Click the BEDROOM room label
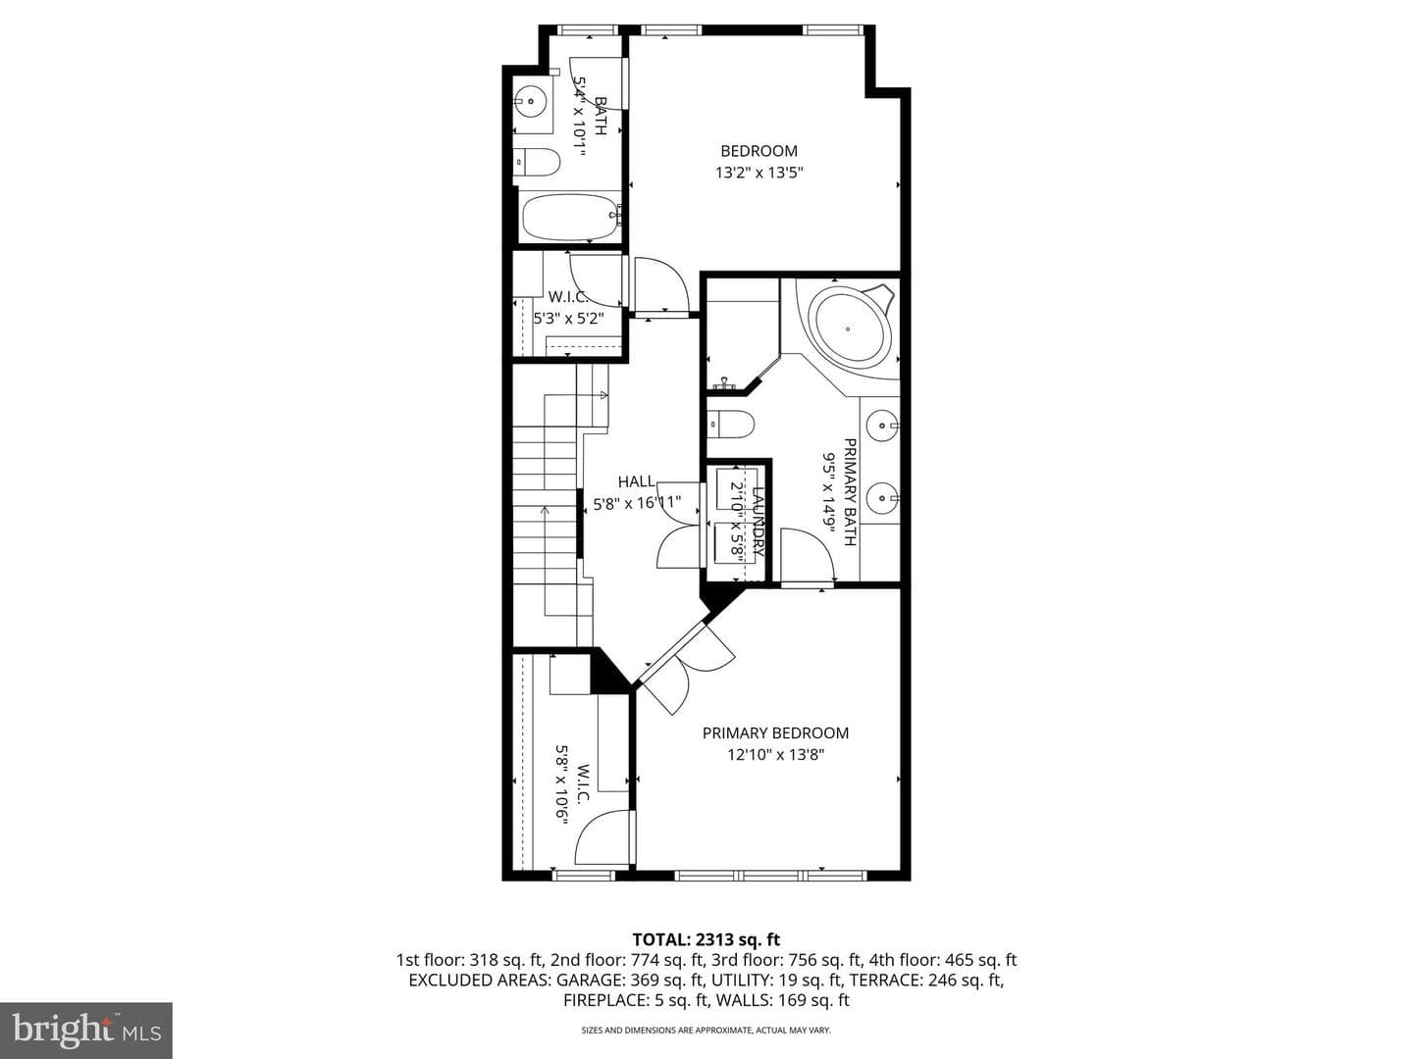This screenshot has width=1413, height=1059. pyautogui.click(x=759, y=151)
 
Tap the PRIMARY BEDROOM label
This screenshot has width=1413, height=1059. pyautogui.click(x=775, y=733)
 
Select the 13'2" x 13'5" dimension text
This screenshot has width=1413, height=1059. pyautogui.click(x=759, y=173)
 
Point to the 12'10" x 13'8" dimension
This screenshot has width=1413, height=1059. pyautogui.click(x=776, y=754)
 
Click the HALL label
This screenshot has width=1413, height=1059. pyautogui.click(x=637, y=481)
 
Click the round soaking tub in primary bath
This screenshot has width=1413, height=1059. pyautogui.click(x=853, y=328)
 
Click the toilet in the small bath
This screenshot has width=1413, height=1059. pyautogui.click(x=536, y=163)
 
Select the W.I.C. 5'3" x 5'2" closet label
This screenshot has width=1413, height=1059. pyautogui.click(x=568, y=307)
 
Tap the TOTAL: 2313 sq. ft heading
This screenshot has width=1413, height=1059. pyautogui.click(x=706, y=939)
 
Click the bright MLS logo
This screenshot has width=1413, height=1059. pyautogui.click(x=85, y=1030)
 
